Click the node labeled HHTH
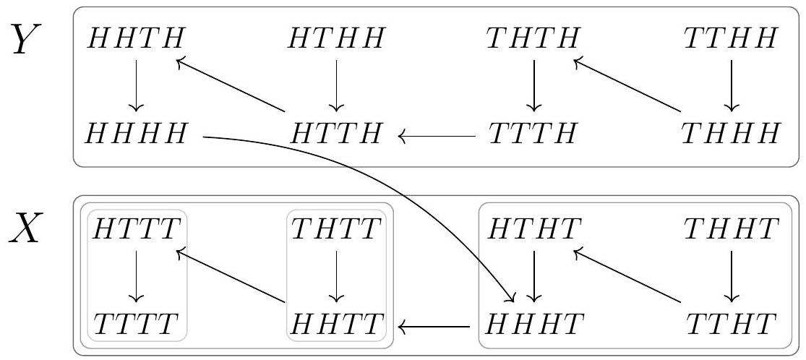pyautogui.click(x=136, y=38)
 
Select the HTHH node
pyautogui.click(x=336, y=38)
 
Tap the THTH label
pyautogui.click(x=533, y=38)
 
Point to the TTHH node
pyautogui.click(x=731, y=38)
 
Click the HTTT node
pyautogui.click(x=136, y=229)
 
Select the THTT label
pyautogui.click(x=337, y=229)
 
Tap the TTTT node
pyautogui.click(x=136, y=325)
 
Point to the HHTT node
pyautogui.click(x=337, y=325)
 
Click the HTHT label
pyautogui.click(x=535, y=229)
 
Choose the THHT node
pyautogui.click(x=731, y=229)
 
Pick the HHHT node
pyautogui.click(x=535, y=325)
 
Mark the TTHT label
pyautogui.click(x=731, y=325)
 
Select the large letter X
pyautogui.click(x=25, y=229)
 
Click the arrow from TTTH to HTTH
pyautogui.click(x=437, y=137)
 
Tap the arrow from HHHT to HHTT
pyautogui.click(x=434, y=325)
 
